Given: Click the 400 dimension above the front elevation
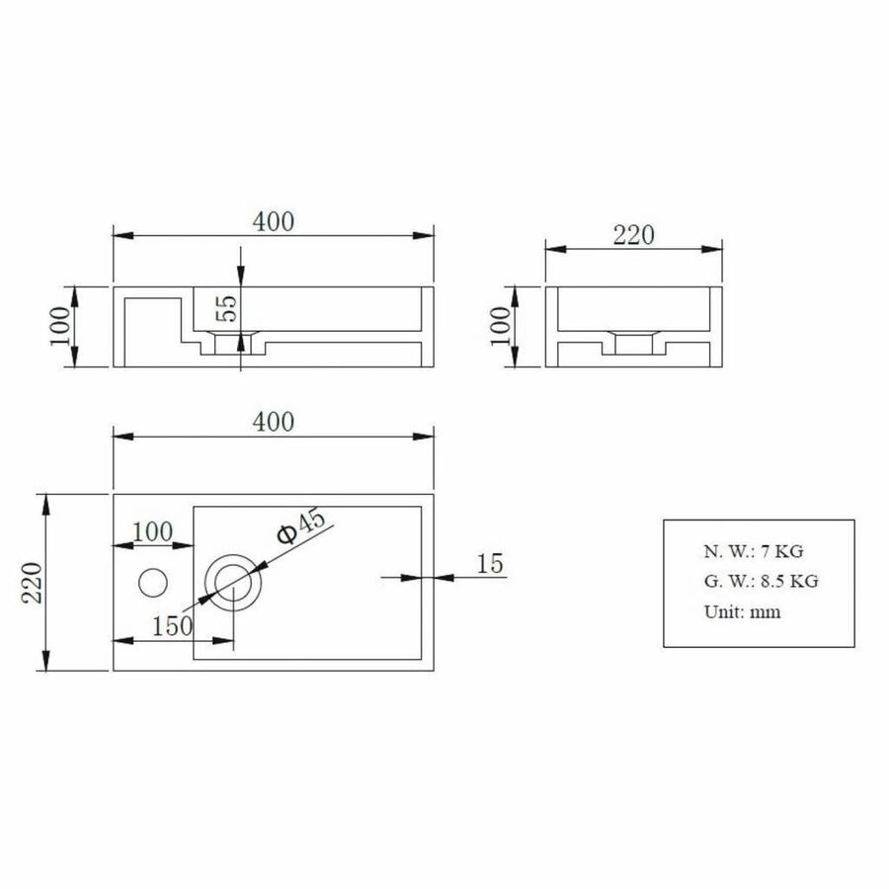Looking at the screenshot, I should [273, 222].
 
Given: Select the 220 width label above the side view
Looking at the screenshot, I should [634, 235].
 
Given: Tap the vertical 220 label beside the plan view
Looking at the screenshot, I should [31, 582].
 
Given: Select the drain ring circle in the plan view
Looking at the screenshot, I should [232, 580].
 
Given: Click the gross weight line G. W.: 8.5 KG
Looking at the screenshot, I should [760, 581].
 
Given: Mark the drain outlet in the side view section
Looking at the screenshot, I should [635, 344].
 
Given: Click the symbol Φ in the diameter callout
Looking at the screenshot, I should [284, 536].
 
